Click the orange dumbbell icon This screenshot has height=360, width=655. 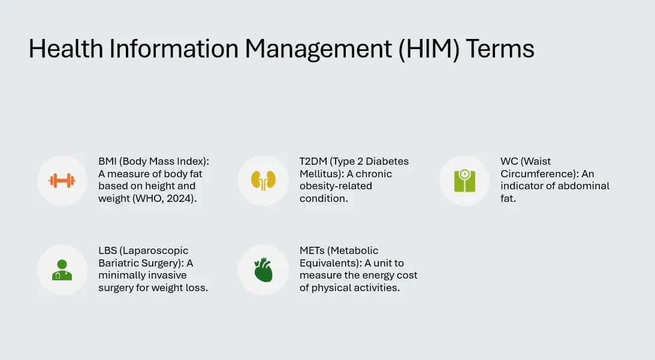[x=62, y=181]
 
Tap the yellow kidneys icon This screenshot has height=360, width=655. [x=263, y=181]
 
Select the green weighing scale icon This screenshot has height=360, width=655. [x=464, y=181]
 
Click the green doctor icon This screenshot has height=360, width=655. [x=62, y=270]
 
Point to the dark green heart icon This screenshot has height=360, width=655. [x=263, y=270]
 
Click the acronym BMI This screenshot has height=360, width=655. [x=107, y=161]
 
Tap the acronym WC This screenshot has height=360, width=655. [x=509, y=161]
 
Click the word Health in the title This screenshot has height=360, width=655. [x=66, y=49]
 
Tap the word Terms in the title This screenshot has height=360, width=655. [x=500, y=49]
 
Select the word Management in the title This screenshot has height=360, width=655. [x=318, y=49]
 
